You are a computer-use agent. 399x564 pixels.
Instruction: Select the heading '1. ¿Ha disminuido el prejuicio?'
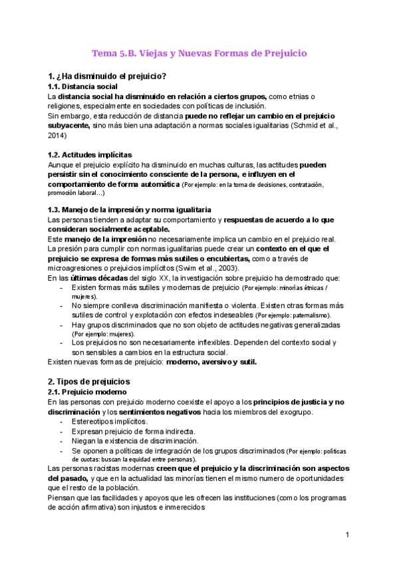(x=107, y=75)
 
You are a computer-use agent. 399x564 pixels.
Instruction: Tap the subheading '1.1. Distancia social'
(x=83, y=86)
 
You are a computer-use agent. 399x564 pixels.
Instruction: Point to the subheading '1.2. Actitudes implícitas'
(x=90, y=154)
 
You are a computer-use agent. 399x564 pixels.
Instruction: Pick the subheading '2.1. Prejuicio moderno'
(x=86, y=392)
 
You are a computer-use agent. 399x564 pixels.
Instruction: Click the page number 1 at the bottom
(x=347, y=535)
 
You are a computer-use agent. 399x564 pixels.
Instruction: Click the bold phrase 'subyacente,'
(x=68, y=125)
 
